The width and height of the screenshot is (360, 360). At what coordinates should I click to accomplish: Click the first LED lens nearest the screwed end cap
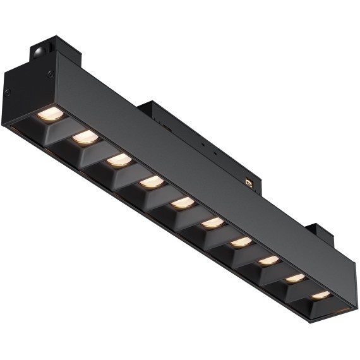[x=51, y=114]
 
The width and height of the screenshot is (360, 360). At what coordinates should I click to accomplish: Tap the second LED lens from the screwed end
[x=85, y=137]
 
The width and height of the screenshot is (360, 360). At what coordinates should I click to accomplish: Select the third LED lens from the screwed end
[x=118, y=160]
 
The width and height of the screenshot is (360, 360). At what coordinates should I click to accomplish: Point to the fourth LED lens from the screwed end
[x=151, y=183]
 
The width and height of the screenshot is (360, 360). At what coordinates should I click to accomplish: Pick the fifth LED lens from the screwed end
[x=182, y=203]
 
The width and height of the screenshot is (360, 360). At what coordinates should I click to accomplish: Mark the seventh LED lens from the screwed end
[x=241, y=241]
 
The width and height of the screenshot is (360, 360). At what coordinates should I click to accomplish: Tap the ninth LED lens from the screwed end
[x=294, y=278]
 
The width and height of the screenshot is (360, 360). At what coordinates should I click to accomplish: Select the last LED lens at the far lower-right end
[x=320, y=295]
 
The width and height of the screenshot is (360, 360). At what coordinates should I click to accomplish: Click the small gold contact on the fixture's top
[x=251, y=183]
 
